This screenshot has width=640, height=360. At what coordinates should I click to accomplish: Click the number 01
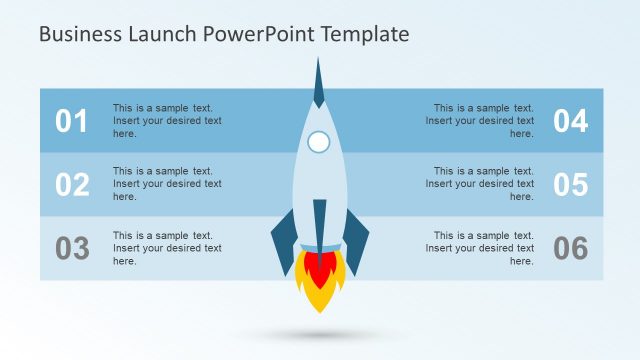(71, 121)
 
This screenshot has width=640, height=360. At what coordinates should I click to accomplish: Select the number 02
(71, 185)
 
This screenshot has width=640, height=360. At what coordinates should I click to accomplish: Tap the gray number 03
(71, 248)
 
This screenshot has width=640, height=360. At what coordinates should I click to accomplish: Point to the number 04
(571, 121)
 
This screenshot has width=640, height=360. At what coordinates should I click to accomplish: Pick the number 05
(571, 185)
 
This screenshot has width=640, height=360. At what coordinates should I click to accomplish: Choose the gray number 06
(571, 248)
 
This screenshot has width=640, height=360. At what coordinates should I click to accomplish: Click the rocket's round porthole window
(319, 142)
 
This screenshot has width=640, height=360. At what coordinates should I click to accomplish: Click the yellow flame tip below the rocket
(320, 300)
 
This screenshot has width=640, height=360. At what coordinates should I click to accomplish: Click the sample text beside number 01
(167, 121)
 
